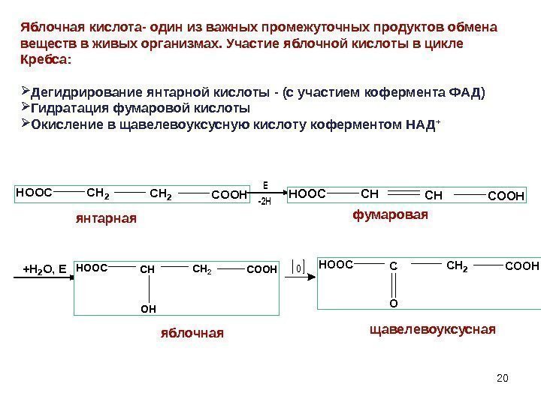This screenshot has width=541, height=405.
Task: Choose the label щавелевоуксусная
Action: [432, 328]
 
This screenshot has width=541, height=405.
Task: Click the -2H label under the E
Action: [264, 202]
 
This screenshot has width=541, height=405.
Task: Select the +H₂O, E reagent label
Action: [44, 267]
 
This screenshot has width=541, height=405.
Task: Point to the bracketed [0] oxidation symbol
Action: [298, 267]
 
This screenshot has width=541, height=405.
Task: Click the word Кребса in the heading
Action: [44, 58]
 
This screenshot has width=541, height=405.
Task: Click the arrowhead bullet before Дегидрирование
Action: [25, 91]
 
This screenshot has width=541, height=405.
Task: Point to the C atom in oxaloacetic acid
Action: [393, 265]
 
